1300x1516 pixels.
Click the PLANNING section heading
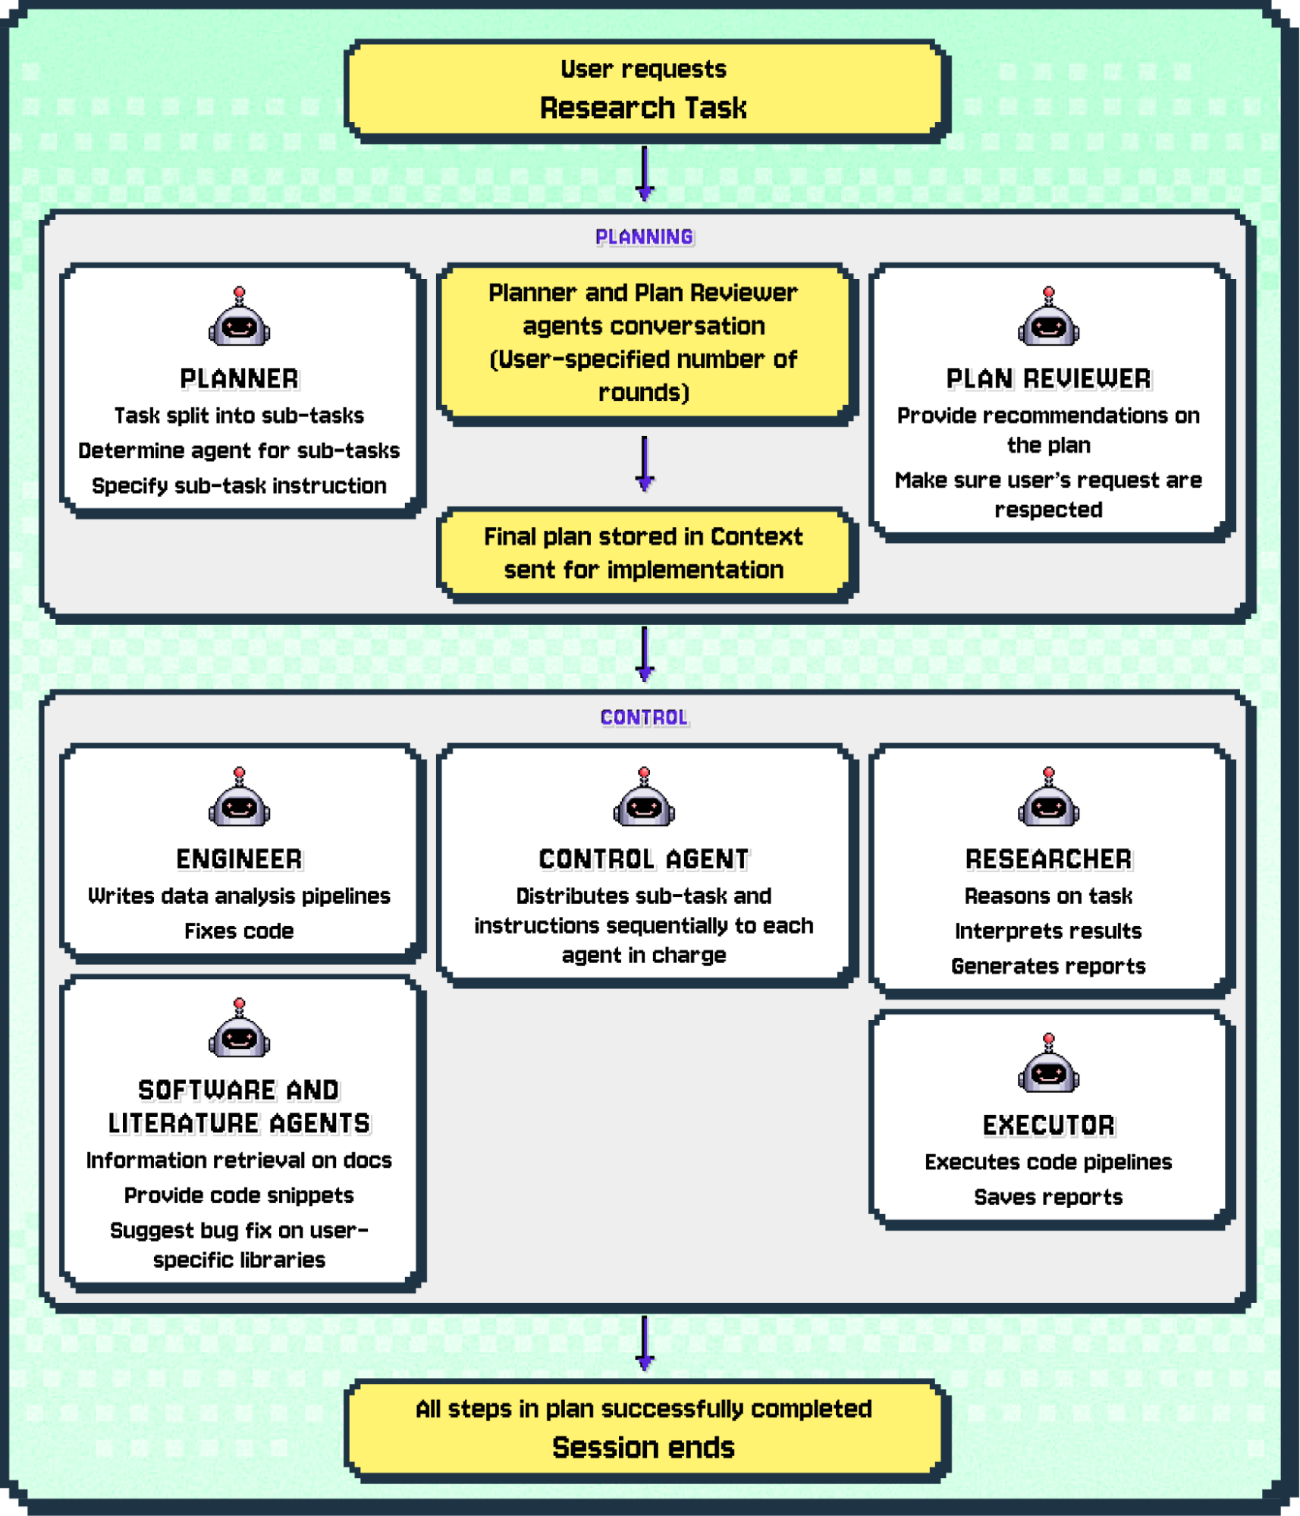pos(644,237)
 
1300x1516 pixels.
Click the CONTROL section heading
pos(644,717)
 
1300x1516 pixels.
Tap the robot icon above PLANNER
pos(239,319)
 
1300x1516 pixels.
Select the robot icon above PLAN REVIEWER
pos(1048,319)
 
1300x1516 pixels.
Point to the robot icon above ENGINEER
pos(239,798)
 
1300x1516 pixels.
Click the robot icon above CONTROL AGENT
pos(644,798)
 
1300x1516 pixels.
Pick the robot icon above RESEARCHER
pos(1048,798)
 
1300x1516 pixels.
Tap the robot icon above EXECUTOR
pos(1048,1064)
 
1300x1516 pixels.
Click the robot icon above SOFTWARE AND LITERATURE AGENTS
pos(239,1029)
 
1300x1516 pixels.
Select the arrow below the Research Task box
pos(645,174)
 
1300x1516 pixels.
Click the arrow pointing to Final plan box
pos(645,463)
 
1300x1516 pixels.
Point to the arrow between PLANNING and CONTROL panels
pos(645,653)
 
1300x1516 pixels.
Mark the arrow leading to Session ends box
pos(645,1343)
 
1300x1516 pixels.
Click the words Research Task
pos(643,108)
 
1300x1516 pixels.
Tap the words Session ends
pos(643,1448)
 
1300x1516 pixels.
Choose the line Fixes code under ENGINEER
pos(239,931)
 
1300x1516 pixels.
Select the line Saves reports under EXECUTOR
pos(1048,1197)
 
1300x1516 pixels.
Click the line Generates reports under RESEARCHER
pos(1048,966)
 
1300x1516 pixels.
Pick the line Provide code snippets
pos(239,1195)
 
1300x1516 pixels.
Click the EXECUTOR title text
pos(1048,1125)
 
